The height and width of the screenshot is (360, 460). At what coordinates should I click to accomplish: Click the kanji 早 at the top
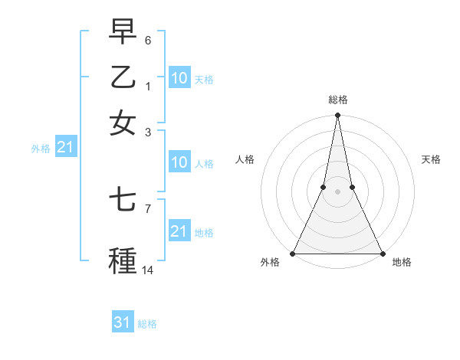tap(123, 31)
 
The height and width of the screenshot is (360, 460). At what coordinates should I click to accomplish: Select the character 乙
tap(123, 77)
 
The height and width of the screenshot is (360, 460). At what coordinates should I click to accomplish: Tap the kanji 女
tap(123, 123)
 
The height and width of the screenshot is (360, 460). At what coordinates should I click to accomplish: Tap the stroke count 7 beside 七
tap(148, 208)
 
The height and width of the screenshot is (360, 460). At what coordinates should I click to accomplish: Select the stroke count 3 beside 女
tap(148, 132)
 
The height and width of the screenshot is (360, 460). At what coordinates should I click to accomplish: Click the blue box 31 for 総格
tap(123, 322)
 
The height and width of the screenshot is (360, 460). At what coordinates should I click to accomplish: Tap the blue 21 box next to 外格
tap(65, 147)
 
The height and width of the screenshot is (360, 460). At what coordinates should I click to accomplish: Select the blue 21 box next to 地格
tap(179, 231)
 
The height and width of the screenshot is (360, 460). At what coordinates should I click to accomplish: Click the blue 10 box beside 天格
tap(179, 78)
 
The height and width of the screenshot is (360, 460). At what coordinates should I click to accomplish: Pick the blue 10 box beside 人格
tap(179, 162)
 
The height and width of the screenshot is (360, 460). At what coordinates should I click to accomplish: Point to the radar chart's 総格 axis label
tap(338, 100)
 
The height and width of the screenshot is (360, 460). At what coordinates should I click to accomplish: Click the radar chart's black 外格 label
tap(271, 262)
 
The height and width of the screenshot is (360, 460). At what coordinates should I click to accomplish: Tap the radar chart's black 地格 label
tap(402, 262)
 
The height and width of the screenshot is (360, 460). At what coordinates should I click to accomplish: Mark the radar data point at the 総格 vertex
tap(337, 116)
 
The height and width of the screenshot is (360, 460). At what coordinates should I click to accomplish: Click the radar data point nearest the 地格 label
tap(382, 254)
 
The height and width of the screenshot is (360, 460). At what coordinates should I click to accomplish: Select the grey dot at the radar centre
tap(337, 191)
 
